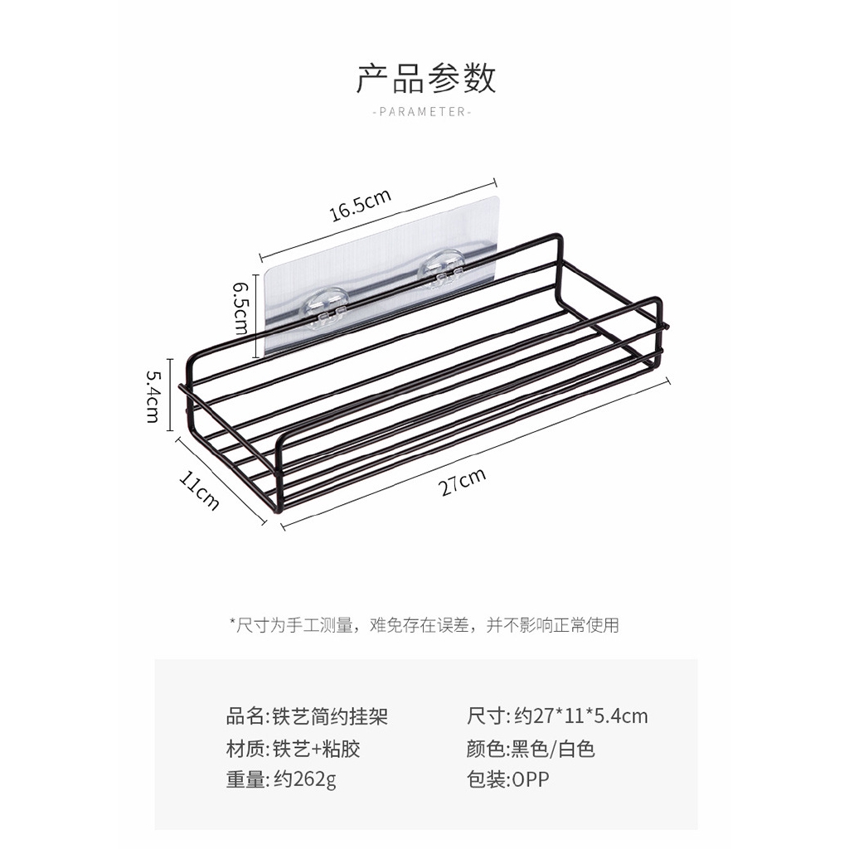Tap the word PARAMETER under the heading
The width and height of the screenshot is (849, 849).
[423, 112]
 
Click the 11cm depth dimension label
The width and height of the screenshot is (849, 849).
[199, 489]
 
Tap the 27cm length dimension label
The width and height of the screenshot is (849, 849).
[462, 482]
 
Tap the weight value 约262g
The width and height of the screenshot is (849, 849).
[305, 780]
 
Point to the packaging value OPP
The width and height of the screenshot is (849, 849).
[531, 780]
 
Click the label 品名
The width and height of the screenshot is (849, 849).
[245, 716]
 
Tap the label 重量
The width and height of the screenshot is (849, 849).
[245, 780]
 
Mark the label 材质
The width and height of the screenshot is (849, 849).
[245, 749]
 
